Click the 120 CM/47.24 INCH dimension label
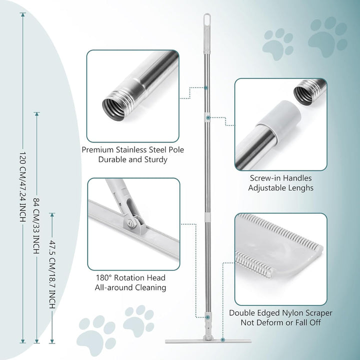[22, 186]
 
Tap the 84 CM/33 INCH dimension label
[36, 226]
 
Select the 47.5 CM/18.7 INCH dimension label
[52, 274]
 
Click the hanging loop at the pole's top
[207, 18]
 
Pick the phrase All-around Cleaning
[130, 287]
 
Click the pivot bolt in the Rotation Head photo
[130, 223]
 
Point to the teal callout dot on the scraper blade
[222, 339]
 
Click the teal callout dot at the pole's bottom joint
[207, 317]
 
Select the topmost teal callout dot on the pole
[206, 87]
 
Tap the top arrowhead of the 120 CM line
[22, 14]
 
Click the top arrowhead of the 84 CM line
[36, 114]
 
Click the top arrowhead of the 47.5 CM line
[52, 215]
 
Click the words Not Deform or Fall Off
[280, 322]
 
